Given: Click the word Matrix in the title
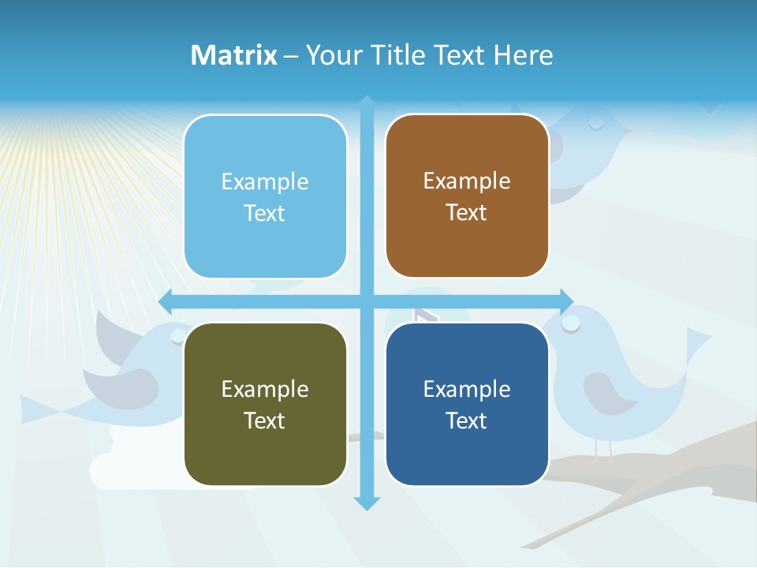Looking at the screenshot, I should (x=233, y=55).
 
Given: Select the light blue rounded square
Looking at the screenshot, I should (x=265, y=196).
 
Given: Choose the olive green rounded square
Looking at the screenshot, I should (x=265, y=404).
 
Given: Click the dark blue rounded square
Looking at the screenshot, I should (x=467, y=404).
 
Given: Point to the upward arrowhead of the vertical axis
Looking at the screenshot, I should (x=367, y=102).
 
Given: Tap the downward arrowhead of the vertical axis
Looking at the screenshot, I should (x=367, y=503).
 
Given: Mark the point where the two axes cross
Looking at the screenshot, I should (x=367, y=301).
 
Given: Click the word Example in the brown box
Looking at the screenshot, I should (x=467, y=181).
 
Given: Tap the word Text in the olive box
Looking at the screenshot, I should (x=265, y=420).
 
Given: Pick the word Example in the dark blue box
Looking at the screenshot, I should (x=467, y=389).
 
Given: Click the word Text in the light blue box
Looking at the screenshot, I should (x=265, y=213).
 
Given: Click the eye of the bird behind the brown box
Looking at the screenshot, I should (x=596, y=122).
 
